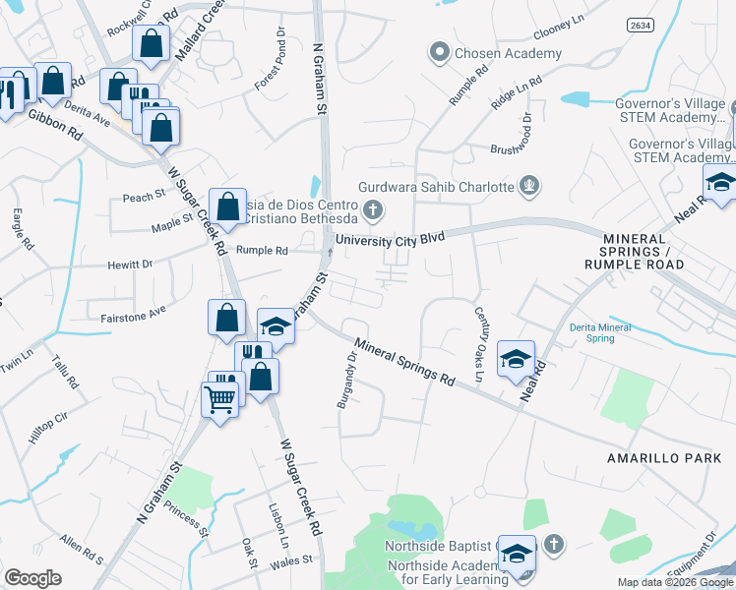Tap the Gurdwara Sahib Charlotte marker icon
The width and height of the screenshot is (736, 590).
click(530, 185)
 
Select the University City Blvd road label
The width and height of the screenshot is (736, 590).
click(391, 239)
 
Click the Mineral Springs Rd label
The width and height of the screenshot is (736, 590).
click(404, 363)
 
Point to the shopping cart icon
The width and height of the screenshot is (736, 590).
click(220, 397)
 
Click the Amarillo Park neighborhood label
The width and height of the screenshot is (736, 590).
click(664, 458)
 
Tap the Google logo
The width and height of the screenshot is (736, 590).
click(32, 578)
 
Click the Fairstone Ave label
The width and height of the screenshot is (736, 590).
click(134, 318)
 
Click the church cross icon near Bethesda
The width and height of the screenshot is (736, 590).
click(372, 208)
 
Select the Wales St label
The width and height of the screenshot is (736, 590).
click(293, 559)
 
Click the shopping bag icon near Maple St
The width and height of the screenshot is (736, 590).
click(227, 206)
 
